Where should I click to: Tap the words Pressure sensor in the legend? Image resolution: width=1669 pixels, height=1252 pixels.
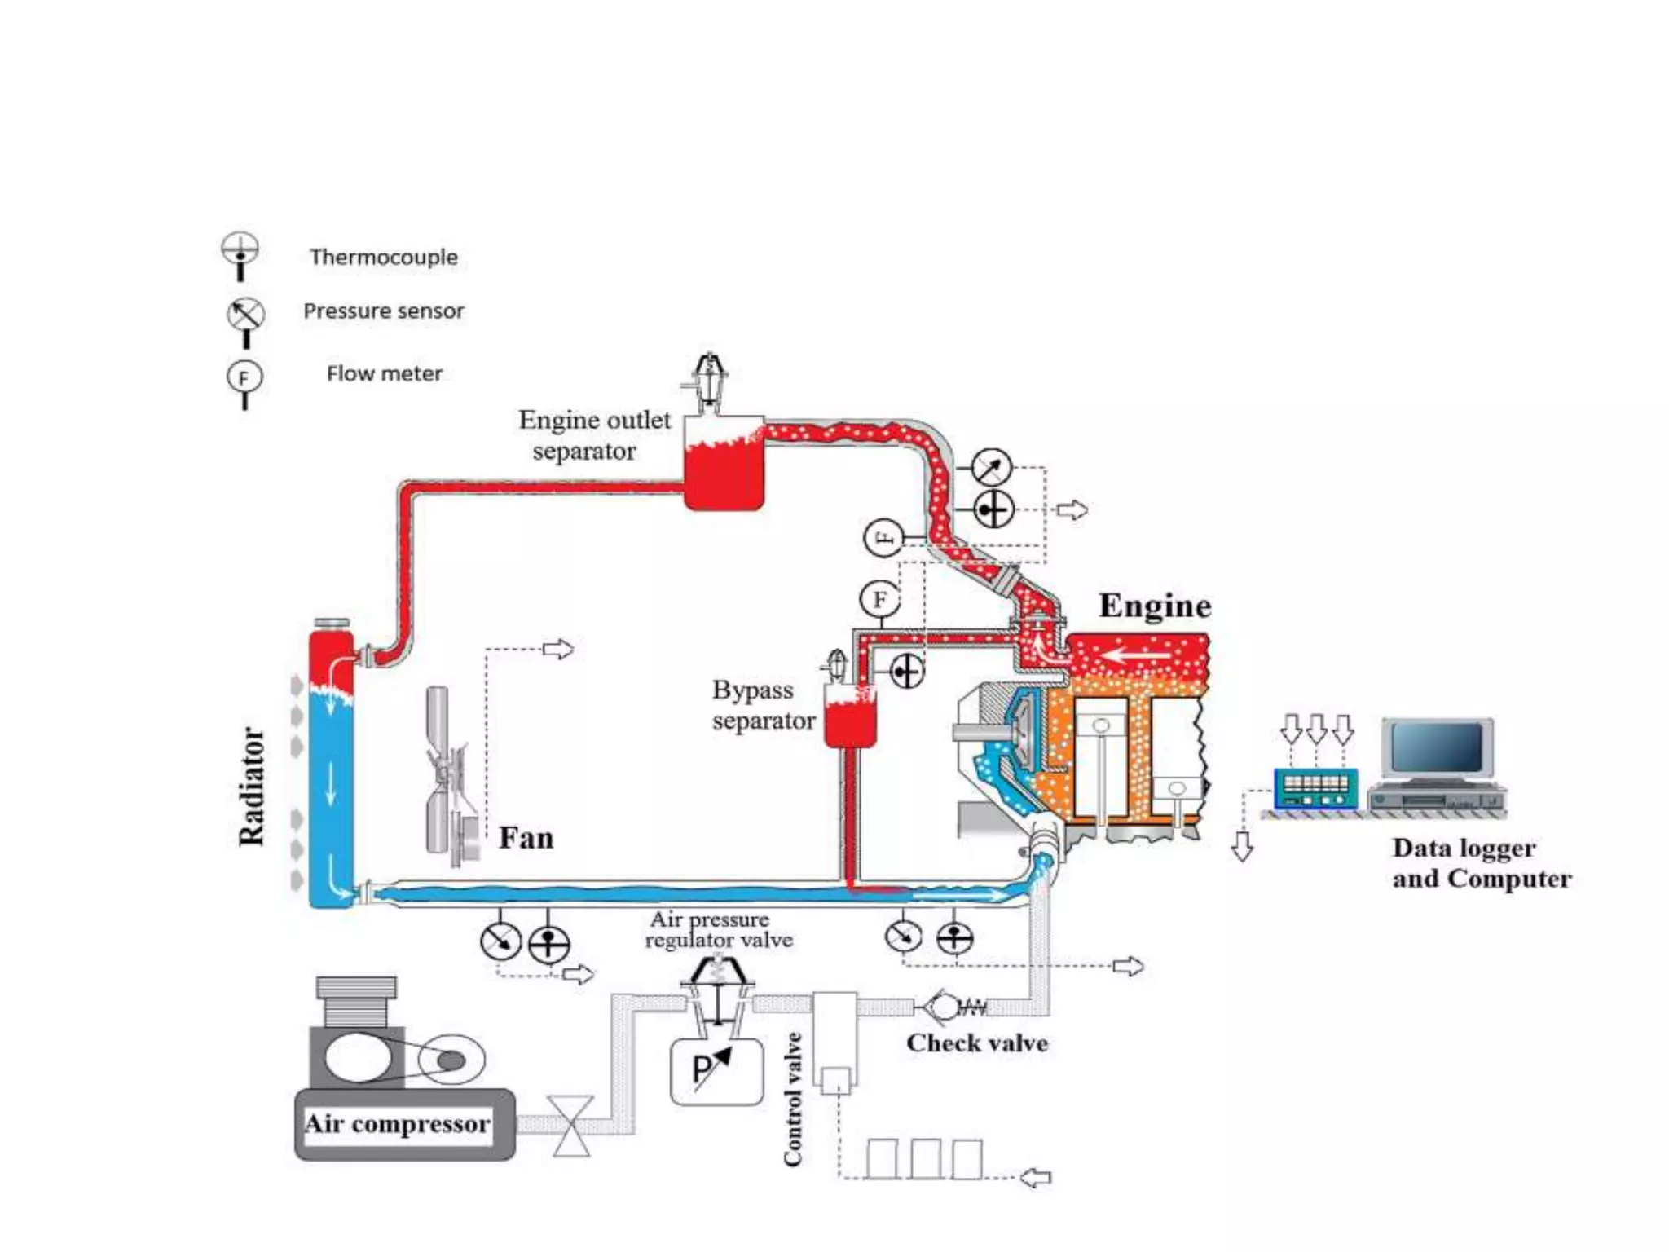(383, 311)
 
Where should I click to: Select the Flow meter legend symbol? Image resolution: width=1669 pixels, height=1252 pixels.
(244, 381)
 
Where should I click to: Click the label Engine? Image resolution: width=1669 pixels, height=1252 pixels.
(1155, 606)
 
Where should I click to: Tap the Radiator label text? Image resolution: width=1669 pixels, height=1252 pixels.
(251, 787)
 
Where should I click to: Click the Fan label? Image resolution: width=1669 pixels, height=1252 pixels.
(526, 838)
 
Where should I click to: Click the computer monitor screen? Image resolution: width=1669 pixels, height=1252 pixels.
(1437, 747)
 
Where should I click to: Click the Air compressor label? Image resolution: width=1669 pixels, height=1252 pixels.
(397, 1124)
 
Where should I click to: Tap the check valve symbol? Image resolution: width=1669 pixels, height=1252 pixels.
(945, 1007)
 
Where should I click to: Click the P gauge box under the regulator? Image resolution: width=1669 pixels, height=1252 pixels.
(716, 1071)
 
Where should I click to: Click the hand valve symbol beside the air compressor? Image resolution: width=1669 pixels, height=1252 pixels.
(572, 1126)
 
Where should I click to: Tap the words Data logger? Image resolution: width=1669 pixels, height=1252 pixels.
(1464, 848)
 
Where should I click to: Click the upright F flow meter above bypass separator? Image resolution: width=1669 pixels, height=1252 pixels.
(879, 600)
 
